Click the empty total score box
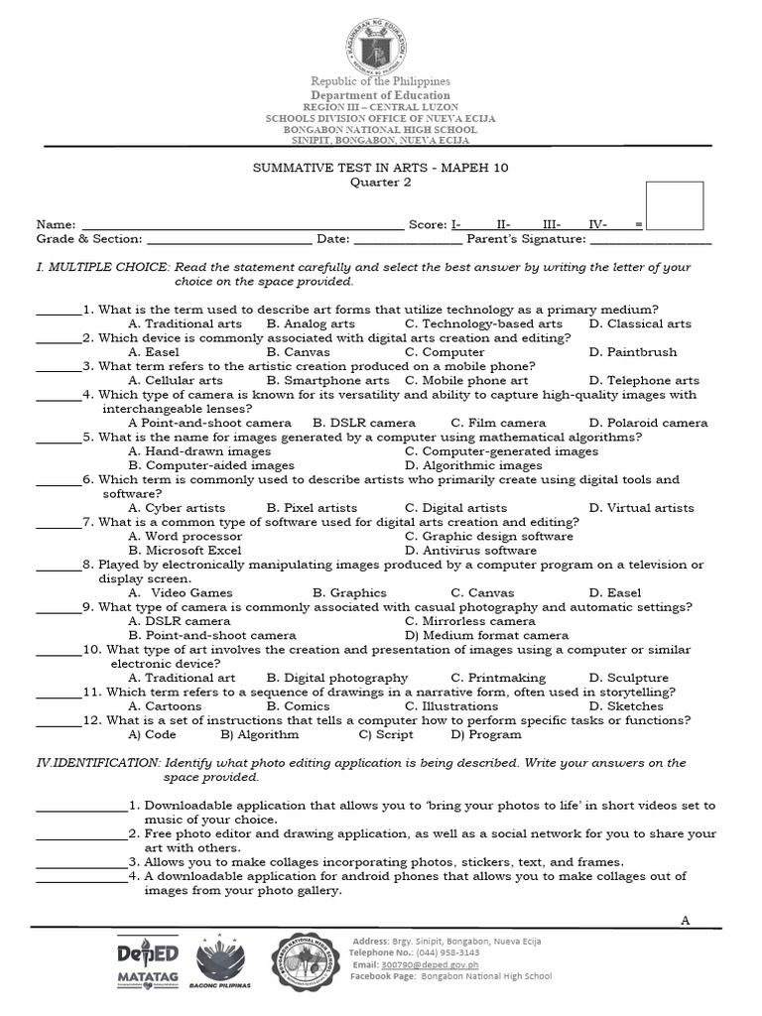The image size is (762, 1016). tap(674, 206)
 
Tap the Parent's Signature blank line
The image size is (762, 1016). tap(651, 241)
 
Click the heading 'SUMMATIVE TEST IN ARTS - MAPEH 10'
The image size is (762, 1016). tap(381, 169)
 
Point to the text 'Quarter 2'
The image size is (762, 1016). tap(381, 183)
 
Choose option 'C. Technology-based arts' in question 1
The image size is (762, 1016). tap(483, 323)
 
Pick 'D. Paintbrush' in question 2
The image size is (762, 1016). tap(633, 352)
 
